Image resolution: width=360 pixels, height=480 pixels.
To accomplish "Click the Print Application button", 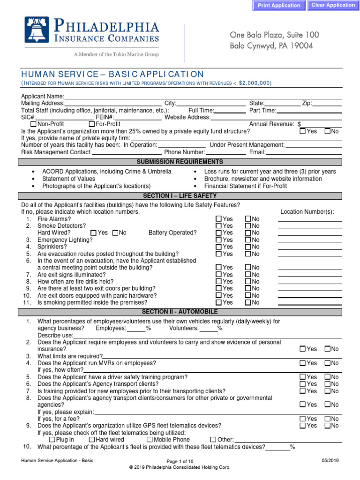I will (279, 6).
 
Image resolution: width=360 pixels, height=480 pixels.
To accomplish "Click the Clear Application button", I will (333, 5).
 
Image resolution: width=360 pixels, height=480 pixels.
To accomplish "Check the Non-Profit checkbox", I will (33, 124).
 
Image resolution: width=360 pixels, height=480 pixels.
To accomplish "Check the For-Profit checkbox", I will (91, 124).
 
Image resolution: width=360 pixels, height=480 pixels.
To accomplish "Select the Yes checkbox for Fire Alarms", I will (218, 219).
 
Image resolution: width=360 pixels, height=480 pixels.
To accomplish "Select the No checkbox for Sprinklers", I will (248, 247).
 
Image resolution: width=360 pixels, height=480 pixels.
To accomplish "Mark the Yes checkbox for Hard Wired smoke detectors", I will (93, 232).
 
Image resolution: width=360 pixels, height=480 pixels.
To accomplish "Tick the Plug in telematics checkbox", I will (52, 440).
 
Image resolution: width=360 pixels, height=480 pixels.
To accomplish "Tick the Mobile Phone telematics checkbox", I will (150, 440).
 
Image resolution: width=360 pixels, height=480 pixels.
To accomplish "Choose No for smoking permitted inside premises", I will (248, 302).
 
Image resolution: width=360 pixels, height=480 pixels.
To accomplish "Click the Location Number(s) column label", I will (307, 212).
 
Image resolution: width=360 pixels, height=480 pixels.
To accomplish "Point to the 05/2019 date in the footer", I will (330, 461).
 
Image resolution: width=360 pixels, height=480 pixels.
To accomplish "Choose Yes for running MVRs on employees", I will (302, 363).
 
